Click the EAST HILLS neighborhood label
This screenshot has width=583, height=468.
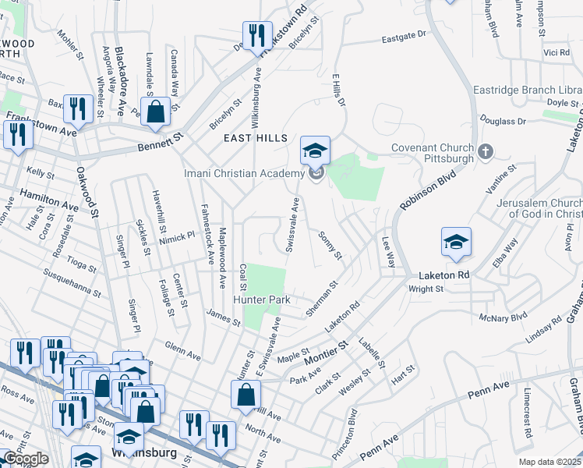[250, 138]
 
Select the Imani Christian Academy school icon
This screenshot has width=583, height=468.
[315, 151]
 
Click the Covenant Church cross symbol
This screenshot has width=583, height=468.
[485, 151]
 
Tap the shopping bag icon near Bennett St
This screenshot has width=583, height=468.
[156, 112]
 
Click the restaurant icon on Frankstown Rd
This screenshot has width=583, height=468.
[254, 36]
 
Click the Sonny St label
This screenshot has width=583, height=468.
[330, 245]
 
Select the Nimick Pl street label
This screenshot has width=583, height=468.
[176, 236]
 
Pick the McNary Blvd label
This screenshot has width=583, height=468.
[503, 317]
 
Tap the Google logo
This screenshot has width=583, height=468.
[26, 459]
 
